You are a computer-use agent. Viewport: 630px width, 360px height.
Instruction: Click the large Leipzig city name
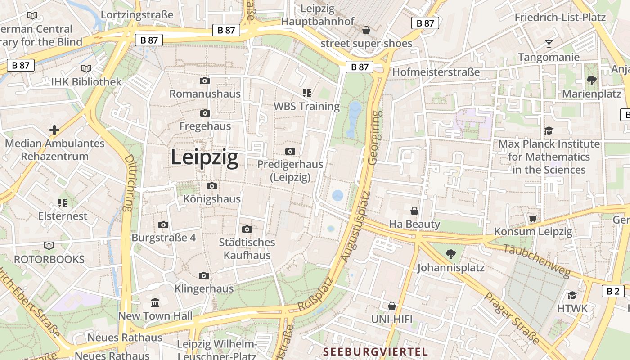(204, 158)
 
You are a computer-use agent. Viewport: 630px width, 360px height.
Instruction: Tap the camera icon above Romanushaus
(205, 81)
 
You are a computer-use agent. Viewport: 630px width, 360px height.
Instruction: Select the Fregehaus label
(205, 126)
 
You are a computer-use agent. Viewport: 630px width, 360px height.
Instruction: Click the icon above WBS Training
(307, 93)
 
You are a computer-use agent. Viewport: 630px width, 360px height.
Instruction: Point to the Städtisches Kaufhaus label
(247, 249)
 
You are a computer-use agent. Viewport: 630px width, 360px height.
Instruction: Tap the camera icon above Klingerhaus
(204, 275)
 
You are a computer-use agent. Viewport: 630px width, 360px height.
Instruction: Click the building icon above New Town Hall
(155, 302)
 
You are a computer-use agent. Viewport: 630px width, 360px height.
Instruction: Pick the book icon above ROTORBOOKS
(49, 246)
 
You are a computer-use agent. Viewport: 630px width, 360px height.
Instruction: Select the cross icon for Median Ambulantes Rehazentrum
(54, 130)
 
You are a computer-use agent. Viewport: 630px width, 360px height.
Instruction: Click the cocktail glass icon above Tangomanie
(549, 44)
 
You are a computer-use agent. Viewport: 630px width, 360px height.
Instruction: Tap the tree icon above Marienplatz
(591, 81)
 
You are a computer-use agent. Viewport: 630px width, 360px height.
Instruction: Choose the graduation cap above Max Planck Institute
(549, 130)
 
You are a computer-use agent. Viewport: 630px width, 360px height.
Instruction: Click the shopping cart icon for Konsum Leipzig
(533, 218)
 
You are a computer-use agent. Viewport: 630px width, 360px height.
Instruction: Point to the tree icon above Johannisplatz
(450, 254)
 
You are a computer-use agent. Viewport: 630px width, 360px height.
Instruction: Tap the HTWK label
(572, 308)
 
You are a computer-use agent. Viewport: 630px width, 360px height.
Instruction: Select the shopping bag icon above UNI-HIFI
(392, 306)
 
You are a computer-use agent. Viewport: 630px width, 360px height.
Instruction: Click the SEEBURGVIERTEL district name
(375, 351)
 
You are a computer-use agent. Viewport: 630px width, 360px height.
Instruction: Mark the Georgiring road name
(373, 137)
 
